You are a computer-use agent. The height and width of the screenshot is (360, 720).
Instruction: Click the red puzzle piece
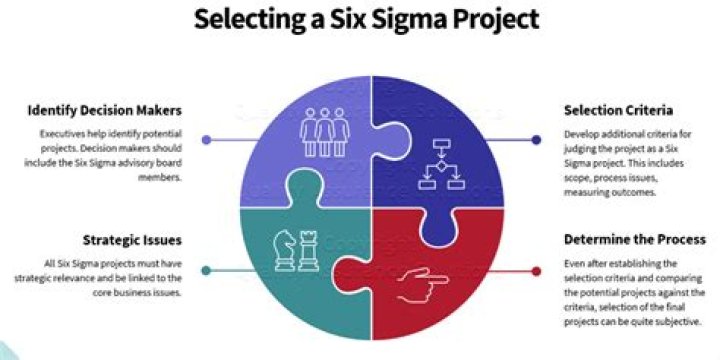point(440,290)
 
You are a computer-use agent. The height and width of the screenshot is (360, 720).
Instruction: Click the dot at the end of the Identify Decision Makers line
point(206,140)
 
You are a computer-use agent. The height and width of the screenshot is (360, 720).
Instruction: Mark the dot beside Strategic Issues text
point(206,270)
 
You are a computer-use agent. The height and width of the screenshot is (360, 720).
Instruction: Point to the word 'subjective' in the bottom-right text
point(679,322)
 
